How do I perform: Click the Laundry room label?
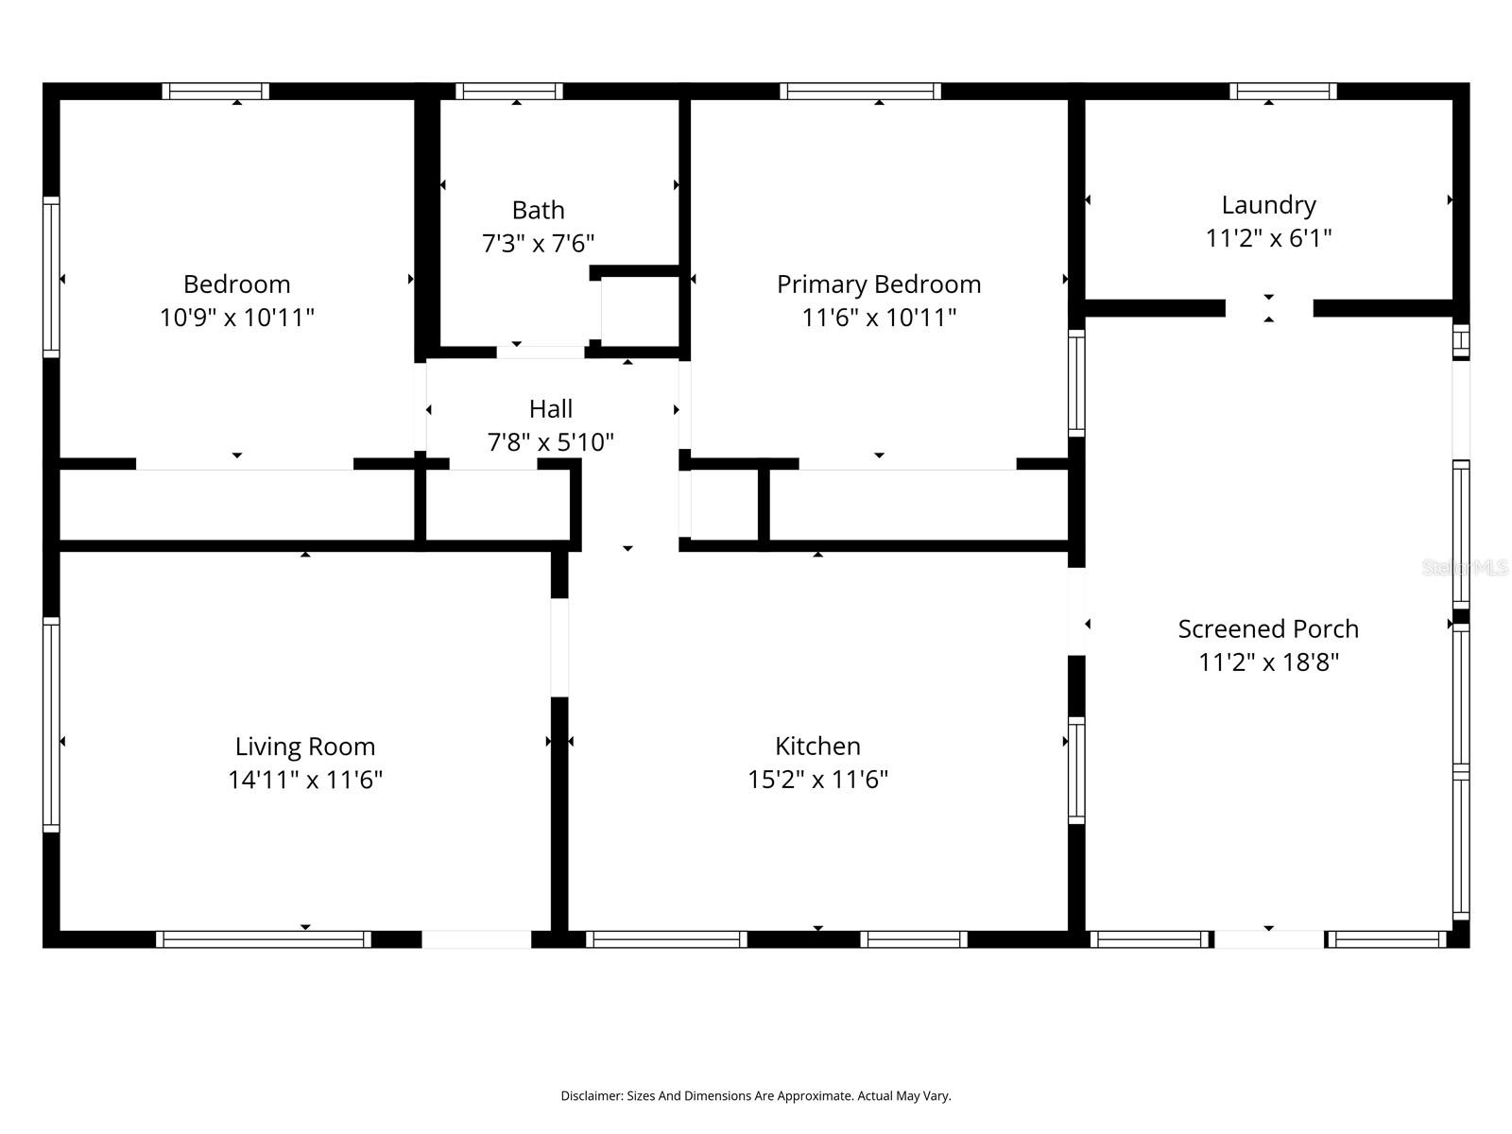1268,205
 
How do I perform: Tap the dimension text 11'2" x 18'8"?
1268,662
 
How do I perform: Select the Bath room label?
538,210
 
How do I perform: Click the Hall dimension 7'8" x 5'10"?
550,442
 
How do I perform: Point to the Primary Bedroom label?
878,284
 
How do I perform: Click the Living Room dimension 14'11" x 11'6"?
304,780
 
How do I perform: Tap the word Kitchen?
817,747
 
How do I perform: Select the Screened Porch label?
1268,629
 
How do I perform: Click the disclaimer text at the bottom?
755,1096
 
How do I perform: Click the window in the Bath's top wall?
508,92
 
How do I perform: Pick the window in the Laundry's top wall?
1282,92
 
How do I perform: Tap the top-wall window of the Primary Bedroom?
859,92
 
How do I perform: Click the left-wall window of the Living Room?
51,725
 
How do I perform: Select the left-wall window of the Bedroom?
51,277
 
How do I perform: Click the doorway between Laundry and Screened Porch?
1268,308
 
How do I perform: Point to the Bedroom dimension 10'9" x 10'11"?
236,318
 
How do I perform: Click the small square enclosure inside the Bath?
639,312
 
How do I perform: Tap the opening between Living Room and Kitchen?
559,647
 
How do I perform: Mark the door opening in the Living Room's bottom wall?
475,939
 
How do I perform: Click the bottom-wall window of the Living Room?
263,939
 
